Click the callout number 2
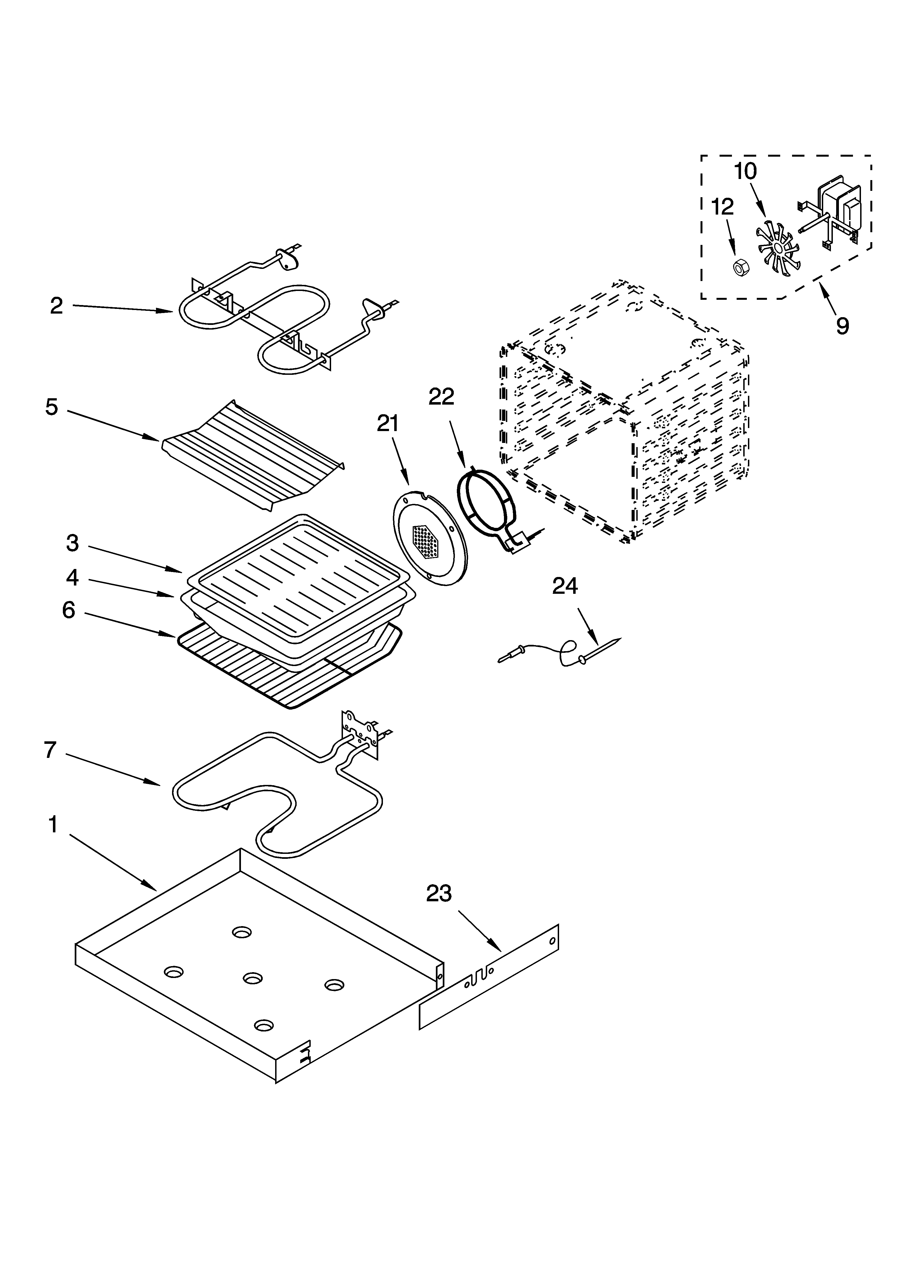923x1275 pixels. point(56,306)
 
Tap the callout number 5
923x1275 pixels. point(52,407)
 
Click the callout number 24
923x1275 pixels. point(565,586)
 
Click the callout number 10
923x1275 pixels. point(745,171)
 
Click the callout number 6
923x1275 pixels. point(69,610)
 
